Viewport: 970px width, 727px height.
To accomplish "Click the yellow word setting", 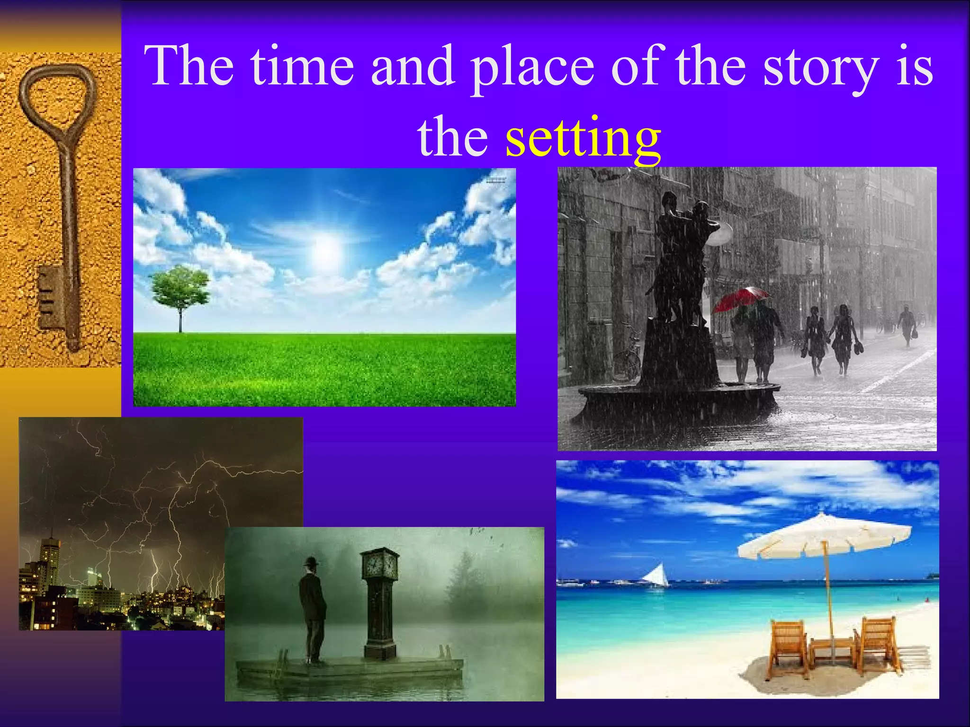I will coord(583,138).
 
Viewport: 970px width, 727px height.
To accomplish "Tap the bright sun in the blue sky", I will coord(326,248).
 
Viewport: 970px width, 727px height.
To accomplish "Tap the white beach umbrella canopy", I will coord(824,537).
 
